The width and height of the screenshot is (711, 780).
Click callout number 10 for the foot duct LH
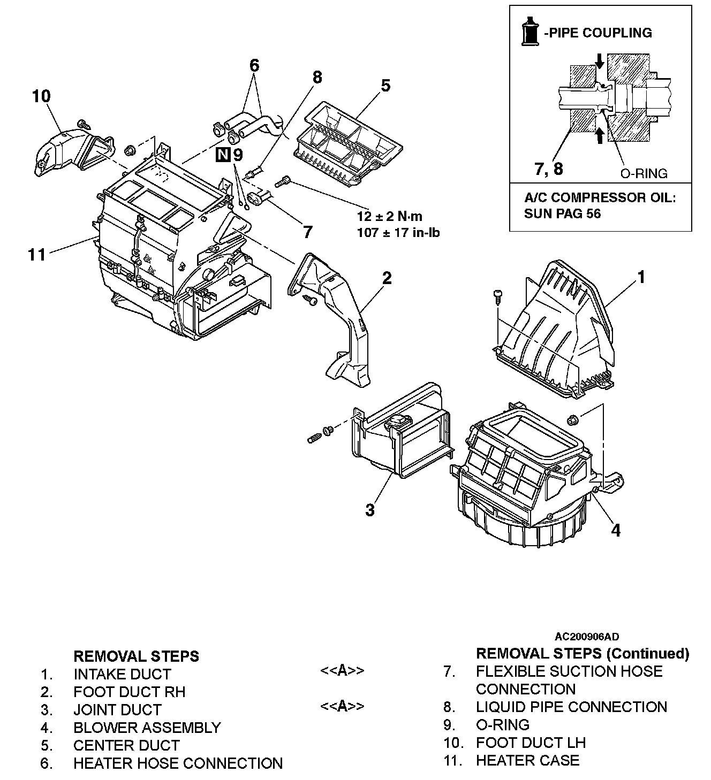pos(41,97)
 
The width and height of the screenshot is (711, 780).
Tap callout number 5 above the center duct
pos(385,86)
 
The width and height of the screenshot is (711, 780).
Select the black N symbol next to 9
pos(223,155)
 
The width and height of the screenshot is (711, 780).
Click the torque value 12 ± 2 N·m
pos(389,216)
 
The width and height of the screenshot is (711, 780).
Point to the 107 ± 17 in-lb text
pos(398,232)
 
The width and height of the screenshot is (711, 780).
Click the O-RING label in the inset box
pos(644,173)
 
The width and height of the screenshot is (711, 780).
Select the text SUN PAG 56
pos(562,213)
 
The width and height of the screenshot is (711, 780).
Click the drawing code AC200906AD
pos(586,637)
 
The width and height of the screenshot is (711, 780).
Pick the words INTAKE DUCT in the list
pos(122,674)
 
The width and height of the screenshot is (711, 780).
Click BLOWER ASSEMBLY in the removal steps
pos(147,728)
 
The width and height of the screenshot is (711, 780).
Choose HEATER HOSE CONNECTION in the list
pos(178,763)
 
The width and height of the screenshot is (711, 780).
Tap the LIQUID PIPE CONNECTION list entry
pos(571,707)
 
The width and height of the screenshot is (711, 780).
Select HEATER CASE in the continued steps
pos(527,760)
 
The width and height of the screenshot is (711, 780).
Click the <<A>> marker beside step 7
pos(342,671)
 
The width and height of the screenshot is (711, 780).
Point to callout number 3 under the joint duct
pos(370,510)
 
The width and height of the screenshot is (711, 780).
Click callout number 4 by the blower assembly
pos(616,530)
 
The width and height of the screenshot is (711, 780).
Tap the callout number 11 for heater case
pos(36,254)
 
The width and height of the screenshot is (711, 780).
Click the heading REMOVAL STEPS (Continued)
pos(582,653)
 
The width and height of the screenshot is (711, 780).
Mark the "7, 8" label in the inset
pos(549,169)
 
